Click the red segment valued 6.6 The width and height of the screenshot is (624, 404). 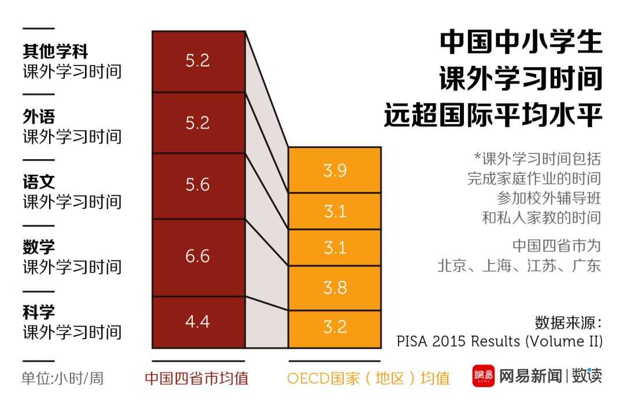198,257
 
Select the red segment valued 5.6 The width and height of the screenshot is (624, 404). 198,185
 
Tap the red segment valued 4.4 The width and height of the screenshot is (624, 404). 198,322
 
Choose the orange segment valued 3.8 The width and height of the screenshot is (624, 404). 335,288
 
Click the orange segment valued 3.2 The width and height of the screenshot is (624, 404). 335,328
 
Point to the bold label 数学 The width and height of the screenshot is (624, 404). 39,247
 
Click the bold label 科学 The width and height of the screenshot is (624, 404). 39,313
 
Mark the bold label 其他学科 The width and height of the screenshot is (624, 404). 55,52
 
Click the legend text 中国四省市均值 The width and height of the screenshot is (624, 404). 196,379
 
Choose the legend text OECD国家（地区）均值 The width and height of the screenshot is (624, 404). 368,379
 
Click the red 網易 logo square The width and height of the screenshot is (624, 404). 483,376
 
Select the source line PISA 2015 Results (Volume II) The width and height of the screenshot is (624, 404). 499,341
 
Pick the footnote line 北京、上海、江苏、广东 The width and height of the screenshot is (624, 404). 519,266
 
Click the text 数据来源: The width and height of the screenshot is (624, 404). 569,322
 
